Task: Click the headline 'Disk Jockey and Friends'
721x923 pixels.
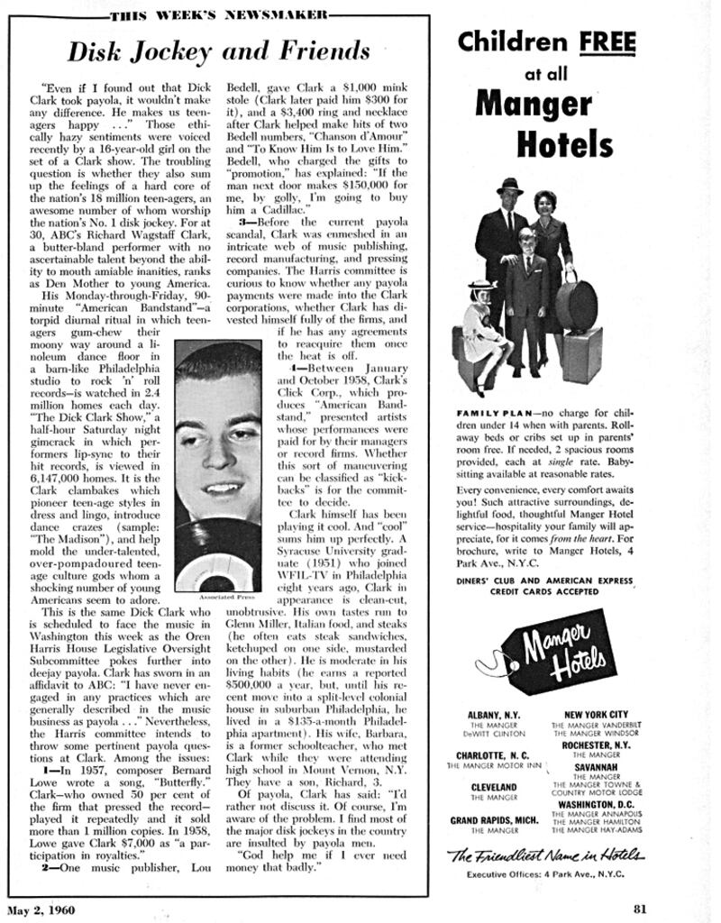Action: click(x=219, y=50)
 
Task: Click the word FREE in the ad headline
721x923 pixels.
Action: click(x=607, y=42)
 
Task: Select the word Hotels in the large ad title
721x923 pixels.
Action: click(x=565, y=142)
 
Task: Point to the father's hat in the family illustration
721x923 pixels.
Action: click(x=509, y=186)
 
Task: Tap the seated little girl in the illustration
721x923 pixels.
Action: click(x=484, y=334)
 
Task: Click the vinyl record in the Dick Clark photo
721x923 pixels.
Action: click(x=217, y=559)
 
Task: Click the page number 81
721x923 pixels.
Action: click(x=640, y=908)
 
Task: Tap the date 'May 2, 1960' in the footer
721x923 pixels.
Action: click(x=43, y=908)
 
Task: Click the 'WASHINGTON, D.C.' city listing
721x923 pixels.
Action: click(x=596, y=804)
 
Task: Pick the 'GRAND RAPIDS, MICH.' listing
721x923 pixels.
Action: click(x=494, y=820)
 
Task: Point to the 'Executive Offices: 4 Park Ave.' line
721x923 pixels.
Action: click(x=544, y=874)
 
